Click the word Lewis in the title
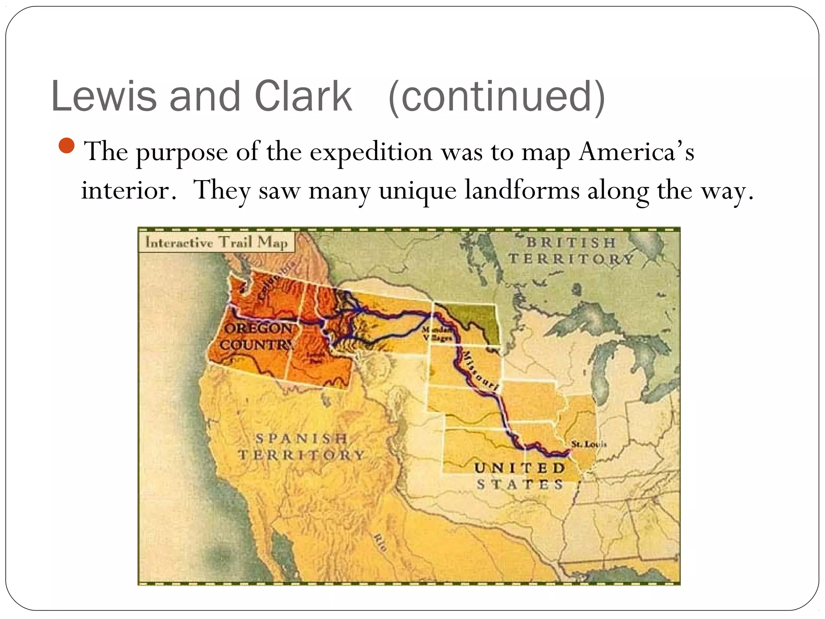104,96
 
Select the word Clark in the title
303,96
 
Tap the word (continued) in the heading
496,97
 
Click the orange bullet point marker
66,145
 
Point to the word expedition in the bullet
371,152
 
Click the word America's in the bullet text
636,152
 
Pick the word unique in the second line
417,191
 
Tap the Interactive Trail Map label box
216,242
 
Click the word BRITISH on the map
571,243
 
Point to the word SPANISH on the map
301,438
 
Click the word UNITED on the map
520,468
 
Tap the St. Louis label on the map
589,444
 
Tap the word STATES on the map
520,484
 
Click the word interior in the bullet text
129,190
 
